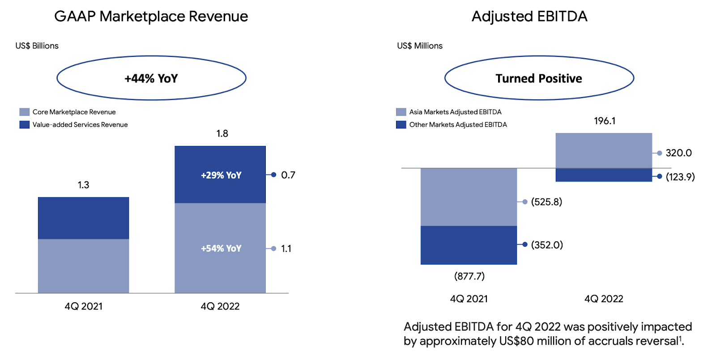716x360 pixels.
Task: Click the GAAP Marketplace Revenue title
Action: (151, 17)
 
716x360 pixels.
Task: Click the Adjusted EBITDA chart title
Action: (529, 17)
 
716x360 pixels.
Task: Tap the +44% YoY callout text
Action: (151, 79)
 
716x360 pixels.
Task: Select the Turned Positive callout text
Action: (539, 79)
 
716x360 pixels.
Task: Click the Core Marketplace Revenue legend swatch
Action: (25, 112)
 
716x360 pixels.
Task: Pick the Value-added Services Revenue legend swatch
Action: (25, 124)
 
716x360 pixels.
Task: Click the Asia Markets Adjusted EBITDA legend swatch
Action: (401, 112)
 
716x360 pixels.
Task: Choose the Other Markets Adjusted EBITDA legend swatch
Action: (401, 124)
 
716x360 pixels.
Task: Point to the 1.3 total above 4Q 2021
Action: (83, 185)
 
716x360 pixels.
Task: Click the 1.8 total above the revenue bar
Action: (222, 133)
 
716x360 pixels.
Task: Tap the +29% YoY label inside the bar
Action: (221, 176)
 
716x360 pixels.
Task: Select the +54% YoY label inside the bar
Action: (221, 249)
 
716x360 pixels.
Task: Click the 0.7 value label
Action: (288, 175)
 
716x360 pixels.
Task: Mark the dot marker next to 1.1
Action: (273, 249)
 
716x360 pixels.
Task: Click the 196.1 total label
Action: (605, 121)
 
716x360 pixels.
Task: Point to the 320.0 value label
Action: (678, 153)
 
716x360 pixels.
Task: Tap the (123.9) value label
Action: (680, 177)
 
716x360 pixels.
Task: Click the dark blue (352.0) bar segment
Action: (469, 245)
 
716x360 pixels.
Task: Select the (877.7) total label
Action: (469, 276)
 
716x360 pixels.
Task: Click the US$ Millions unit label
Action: (420, 46)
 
